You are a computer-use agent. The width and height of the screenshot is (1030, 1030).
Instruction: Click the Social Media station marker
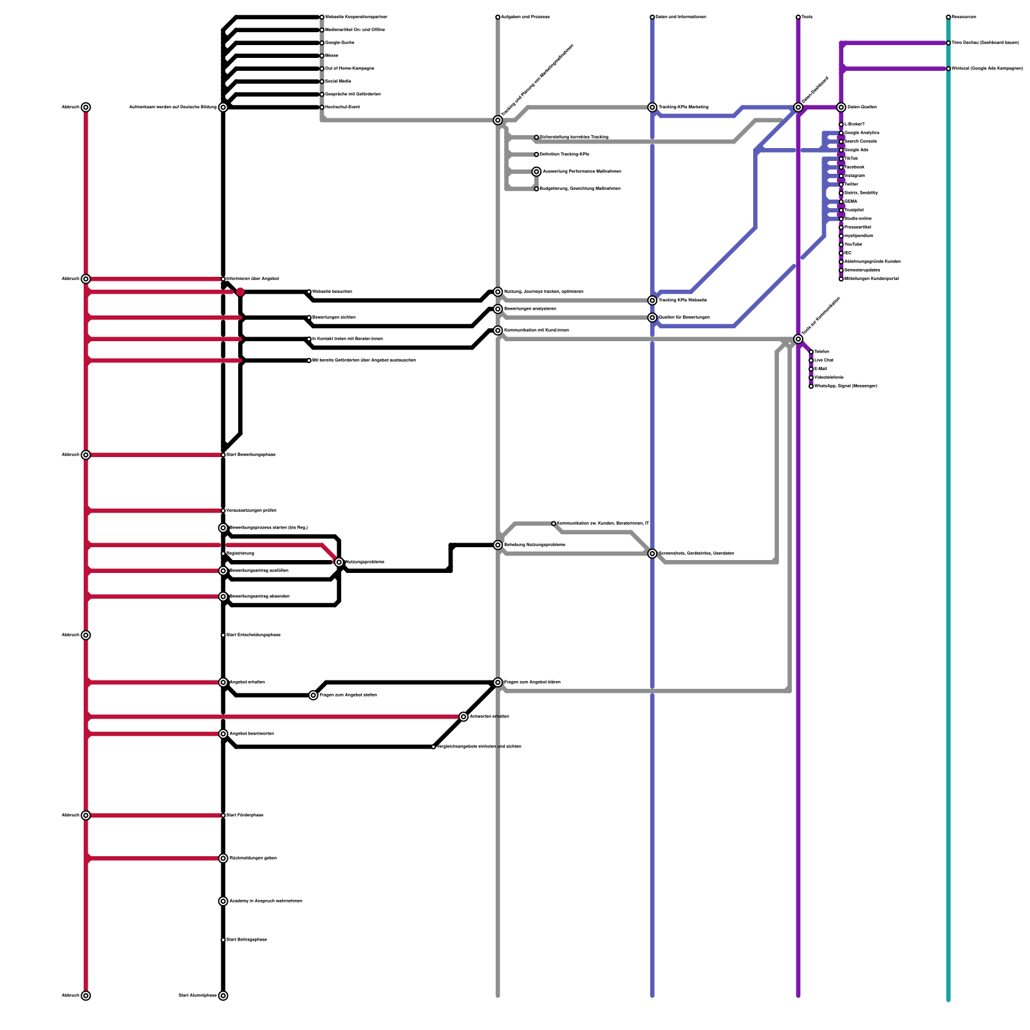pos(322,82)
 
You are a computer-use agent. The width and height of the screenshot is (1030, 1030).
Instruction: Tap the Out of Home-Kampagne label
pos(350,69)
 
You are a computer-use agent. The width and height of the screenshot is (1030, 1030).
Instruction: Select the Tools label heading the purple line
pos(807,17)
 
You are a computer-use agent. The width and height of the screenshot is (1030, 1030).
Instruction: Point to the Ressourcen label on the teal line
pos(964,17)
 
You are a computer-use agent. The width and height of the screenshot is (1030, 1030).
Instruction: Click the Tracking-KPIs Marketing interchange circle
pos(652,108)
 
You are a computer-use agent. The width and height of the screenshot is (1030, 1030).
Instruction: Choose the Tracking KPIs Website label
pos(682,301)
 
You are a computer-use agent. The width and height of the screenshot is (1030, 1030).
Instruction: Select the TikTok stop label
pos(851,159)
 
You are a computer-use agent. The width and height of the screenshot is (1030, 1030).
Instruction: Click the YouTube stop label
pos(853,245)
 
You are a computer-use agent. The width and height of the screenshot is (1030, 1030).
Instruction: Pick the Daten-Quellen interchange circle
pos(841,108)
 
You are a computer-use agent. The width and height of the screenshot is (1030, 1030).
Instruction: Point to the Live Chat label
pos(824,360)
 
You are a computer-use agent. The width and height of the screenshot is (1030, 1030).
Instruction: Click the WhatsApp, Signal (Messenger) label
pos(845,386)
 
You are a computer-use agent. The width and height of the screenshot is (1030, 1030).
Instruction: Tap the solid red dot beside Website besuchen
pos(240,292)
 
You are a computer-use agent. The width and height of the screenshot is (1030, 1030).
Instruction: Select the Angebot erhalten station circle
pos(223,682)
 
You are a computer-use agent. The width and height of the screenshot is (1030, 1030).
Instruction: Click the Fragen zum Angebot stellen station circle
pos(314,695)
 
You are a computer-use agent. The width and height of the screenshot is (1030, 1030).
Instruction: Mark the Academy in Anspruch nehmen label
pos(266,901)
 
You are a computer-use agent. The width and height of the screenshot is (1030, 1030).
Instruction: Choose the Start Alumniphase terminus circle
pos(223,996)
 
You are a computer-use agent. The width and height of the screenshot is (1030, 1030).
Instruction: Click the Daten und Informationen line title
pos(680,17)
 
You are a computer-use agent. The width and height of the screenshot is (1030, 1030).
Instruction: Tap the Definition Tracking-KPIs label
pos(564,154)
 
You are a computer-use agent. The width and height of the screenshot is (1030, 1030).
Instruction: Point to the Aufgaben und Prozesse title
pos(525,17)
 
